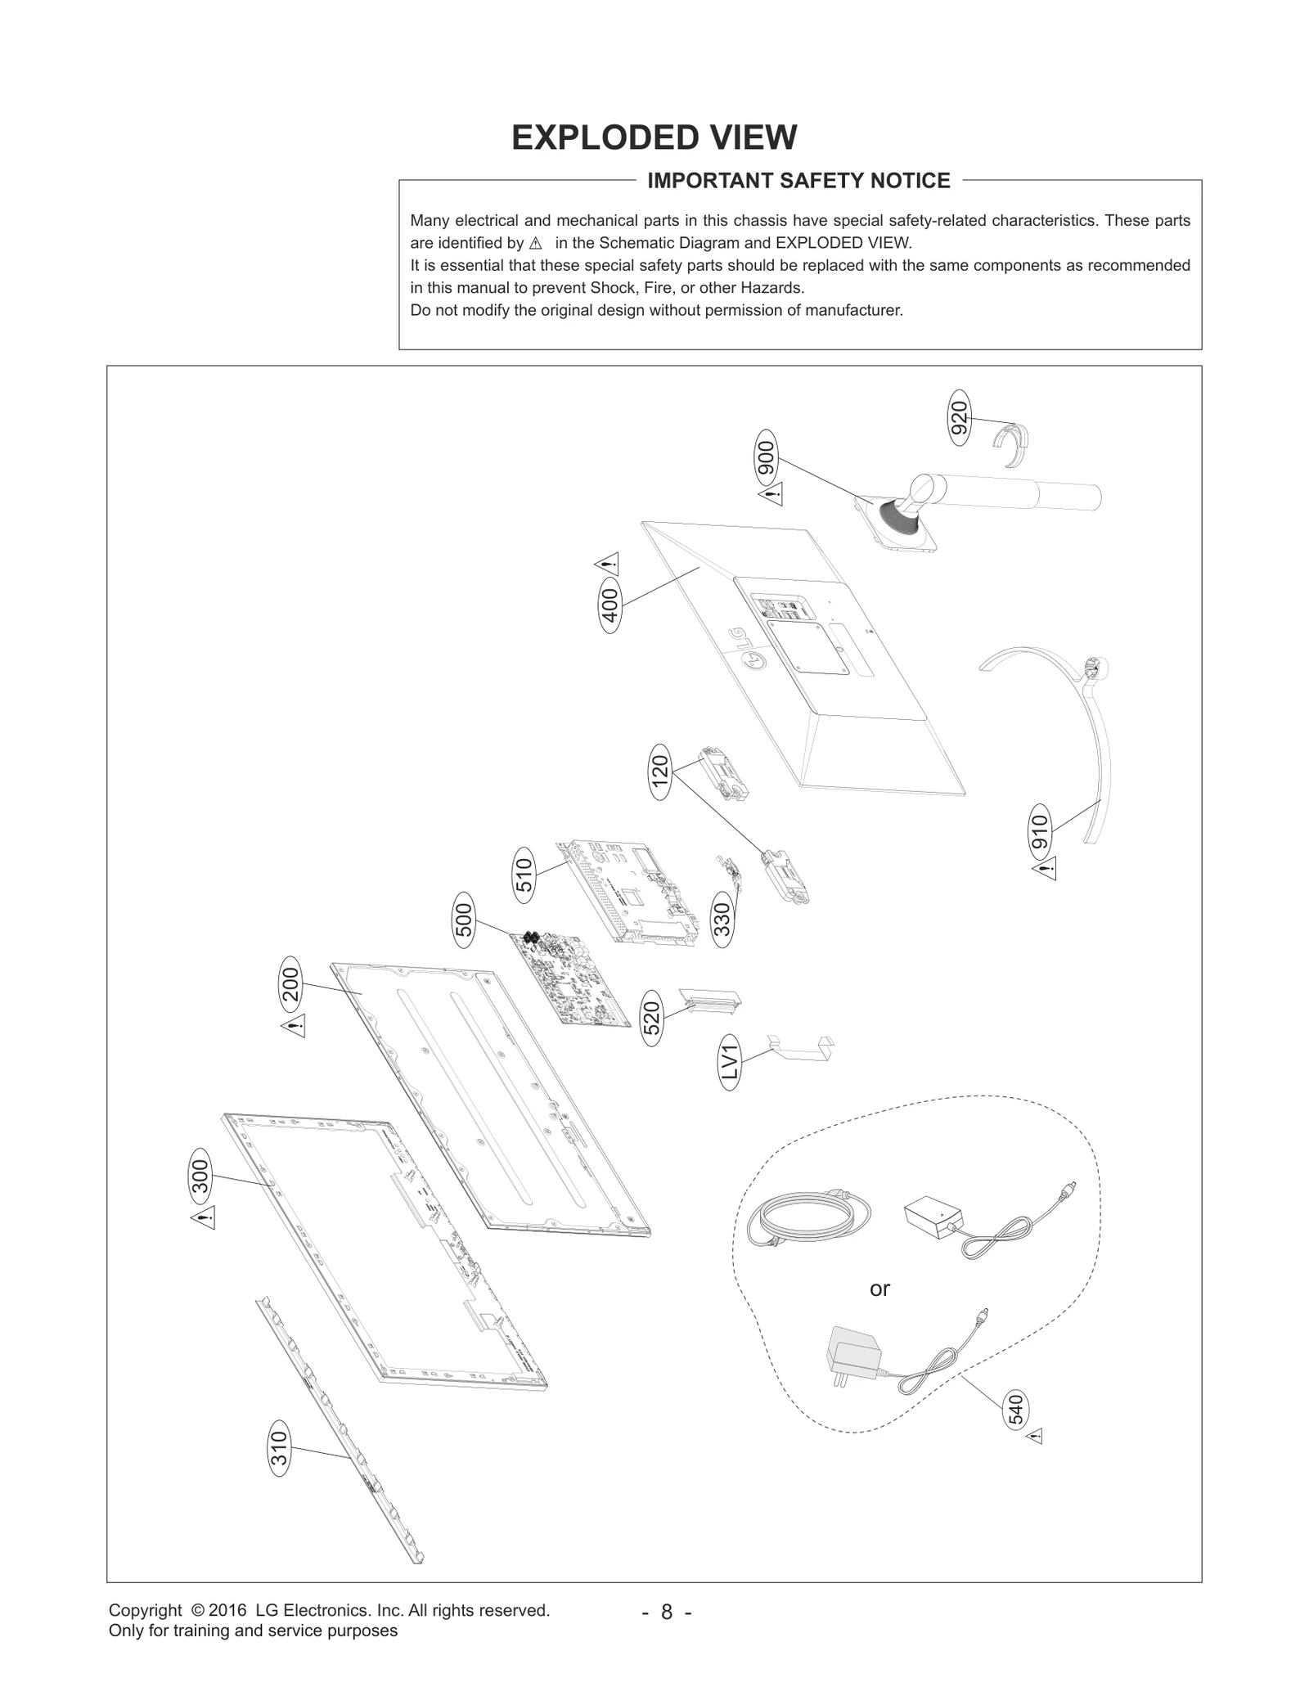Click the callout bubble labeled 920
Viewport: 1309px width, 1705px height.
coord(960,422)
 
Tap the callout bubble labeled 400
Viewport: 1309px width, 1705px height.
coord(610,605)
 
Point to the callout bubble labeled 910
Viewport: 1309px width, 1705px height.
coord(1040,833)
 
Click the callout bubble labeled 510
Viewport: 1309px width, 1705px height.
coord(524,875)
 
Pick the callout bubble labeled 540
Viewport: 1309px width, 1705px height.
coord(1014,1410)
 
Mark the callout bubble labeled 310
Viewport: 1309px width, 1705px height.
coord(279,1451)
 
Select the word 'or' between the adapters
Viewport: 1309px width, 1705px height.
coord(879,1290)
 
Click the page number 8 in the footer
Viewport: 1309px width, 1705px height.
coord(667,1613)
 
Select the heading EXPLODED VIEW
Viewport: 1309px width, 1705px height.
coord(654,137)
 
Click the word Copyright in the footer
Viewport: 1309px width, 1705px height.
coord(145,1611)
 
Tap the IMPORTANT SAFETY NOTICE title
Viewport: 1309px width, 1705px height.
coord(798,181)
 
